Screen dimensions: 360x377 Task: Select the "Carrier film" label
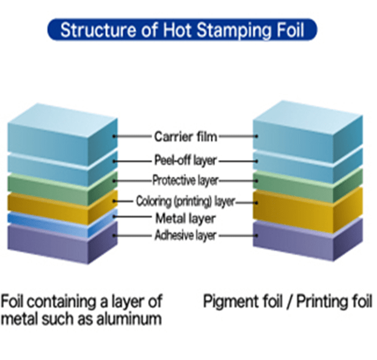185,136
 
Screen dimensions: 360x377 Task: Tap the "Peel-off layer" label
185,161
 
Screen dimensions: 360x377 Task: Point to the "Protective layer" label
185,181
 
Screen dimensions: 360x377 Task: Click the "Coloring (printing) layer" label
185,201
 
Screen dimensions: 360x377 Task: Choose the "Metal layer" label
185,218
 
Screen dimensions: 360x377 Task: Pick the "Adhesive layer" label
185,236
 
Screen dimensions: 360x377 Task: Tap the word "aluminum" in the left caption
128,318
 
